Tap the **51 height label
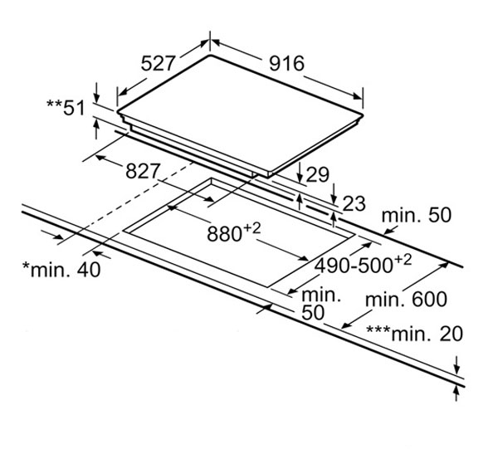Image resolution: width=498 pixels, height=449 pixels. click(x=66, y=105)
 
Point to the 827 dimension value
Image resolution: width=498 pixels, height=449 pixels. click(x=144, y=171)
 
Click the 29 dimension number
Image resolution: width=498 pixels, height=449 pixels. click(x=316, y=175)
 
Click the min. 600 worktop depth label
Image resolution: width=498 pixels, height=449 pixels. click(x=405, y=299)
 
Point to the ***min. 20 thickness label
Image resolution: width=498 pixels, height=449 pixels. click(x=416, y=334)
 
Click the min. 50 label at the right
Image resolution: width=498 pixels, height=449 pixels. click(x=417, y=216)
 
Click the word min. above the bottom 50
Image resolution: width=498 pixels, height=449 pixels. click(x=321, y=294)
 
